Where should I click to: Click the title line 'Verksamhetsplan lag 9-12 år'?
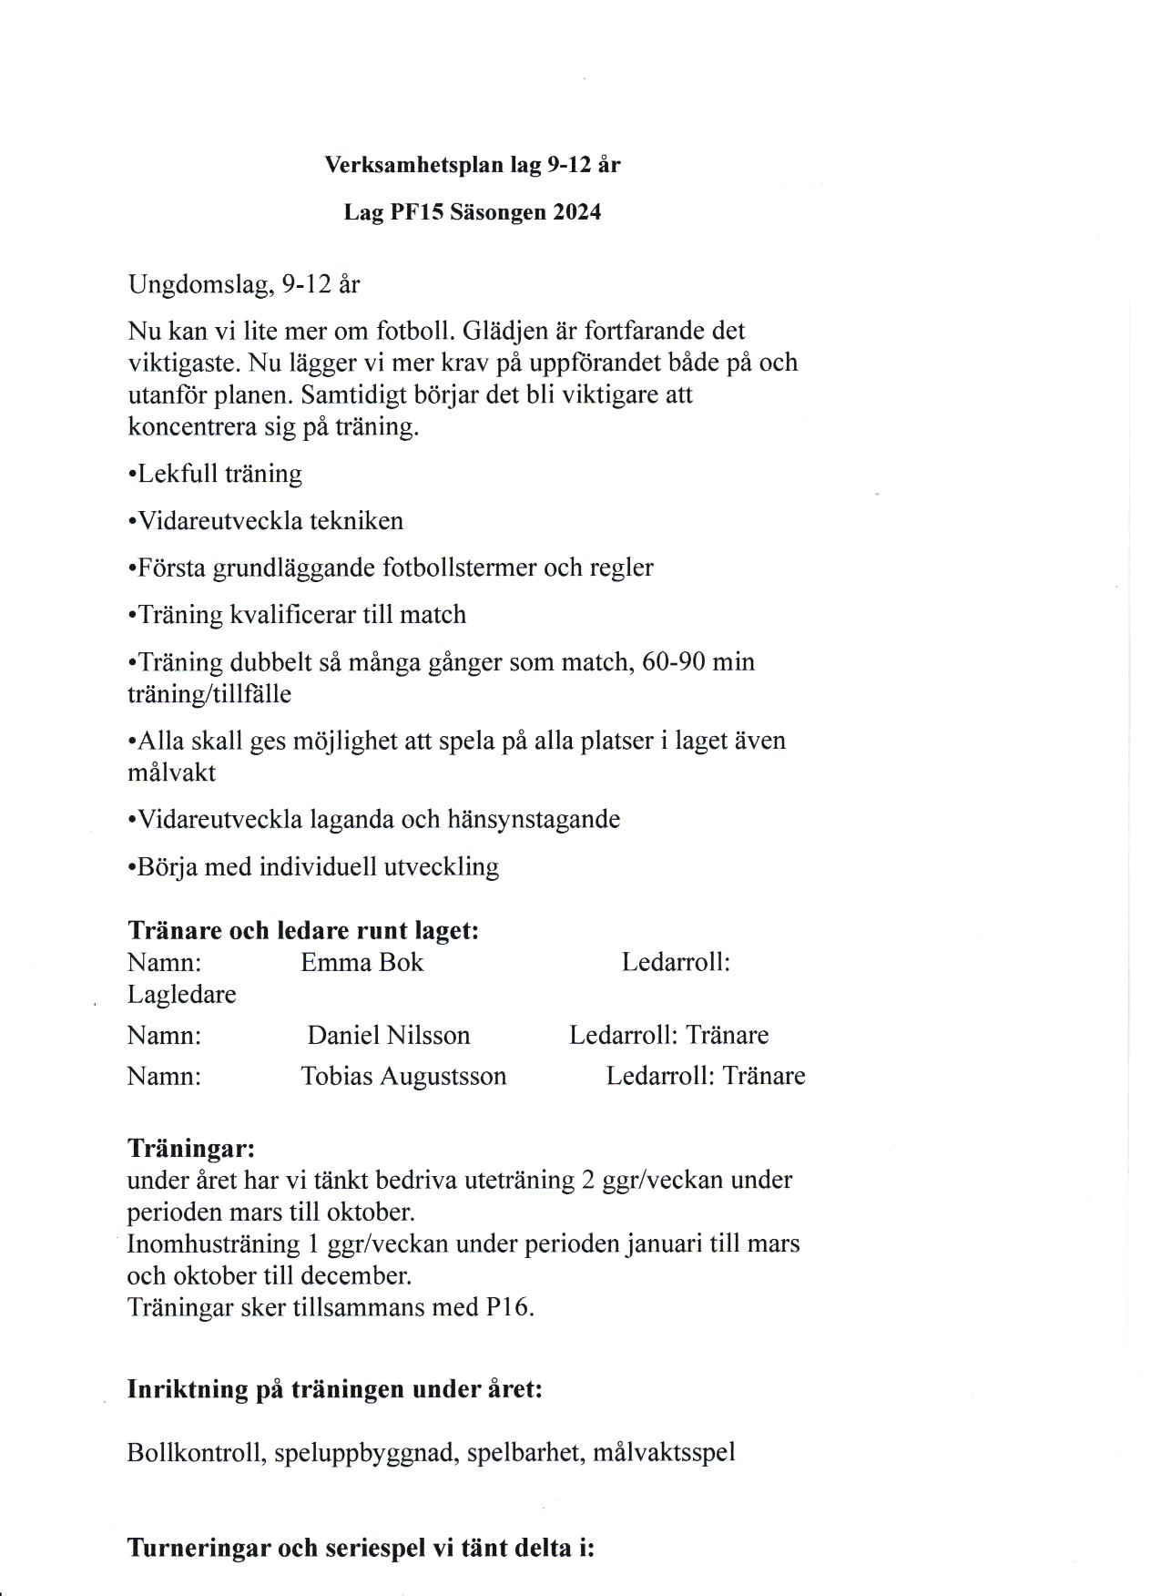click(x=473, y=165)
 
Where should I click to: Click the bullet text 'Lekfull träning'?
click(x=219, y=474)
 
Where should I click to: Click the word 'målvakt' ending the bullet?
click(x=171, y=772)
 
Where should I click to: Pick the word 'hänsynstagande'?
click(x=534, y=819)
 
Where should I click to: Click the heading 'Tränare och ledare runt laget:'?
click(x=303, y=930)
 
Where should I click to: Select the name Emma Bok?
click(x=362, y=962)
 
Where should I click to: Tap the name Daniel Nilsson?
click(x=389, y=1035)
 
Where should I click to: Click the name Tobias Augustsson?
click(x=403, y=1076)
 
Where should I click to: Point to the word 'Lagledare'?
click(x=181, y=994)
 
